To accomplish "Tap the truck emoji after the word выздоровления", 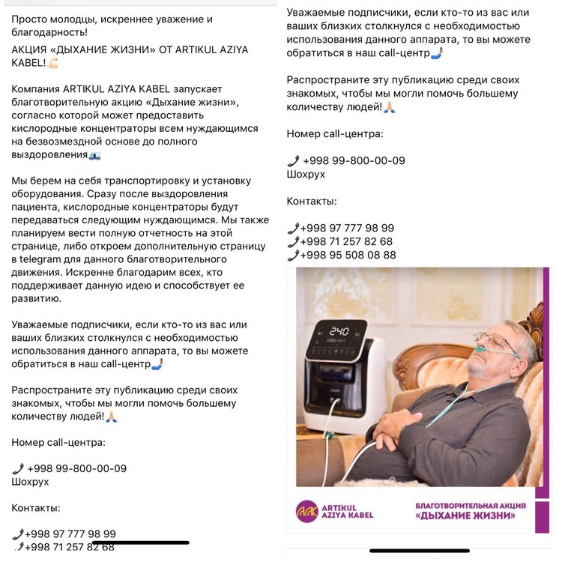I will (x=94, y=155).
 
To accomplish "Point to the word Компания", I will (x=37, y=89).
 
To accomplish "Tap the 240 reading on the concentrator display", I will (x=339, y=330).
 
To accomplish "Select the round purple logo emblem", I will (x=307, y=511).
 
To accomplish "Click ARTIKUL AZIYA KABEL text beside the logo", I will (x=347, y=511).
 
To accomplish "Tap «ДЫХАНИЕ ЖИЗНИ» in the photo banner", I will (x=470, y=517).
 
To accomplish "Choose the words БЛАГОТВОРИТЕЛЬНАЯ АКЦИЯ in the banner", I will (x=470, y=506).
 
